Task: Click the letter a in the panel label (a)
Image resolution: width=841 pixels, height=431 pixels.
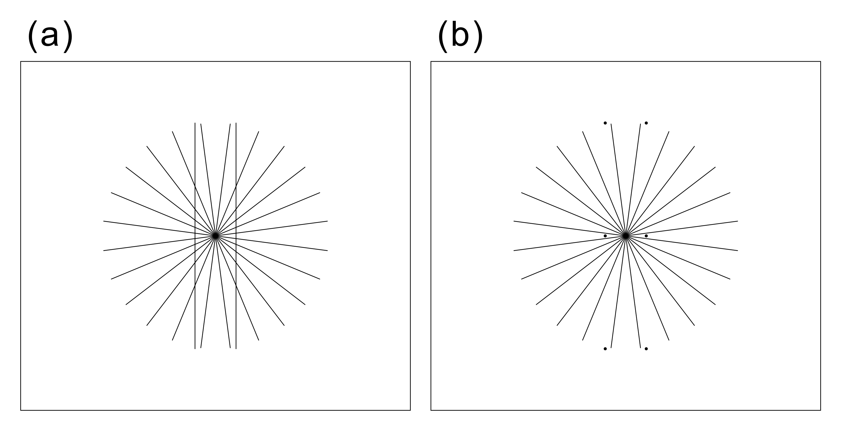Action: tap(50, 36)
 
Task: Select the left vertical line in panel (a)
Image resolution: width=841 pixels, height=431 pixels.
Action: tap(195, 236)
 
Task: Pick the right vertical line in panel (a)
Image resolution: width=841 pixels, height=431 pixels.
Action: tap(236, 236)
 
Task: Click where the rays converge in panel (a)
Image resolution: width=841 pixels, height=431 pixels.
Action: tap(216, 236)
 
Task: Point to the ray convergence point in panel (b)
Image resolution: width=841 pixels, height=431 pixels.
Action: tap(625, 236)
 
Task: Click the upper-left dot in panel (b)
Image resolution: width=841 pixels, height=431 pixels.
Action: tap(605, 123)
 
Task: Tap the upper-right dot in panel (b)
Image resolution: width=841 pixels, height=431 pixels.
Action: tap(646, 123)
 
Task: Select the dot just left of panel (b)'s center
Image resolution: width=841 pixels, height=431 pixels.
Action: tap(605, 236)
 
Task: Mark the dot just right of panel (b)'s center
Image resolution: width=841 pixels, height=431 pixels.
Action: tap(646, 236)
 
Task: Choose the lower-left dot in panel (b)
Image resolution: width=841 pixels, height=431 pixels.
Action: tap(605, 349)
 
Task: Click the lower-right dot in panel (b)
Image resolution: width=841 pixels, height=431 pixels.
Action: tap(646, 349)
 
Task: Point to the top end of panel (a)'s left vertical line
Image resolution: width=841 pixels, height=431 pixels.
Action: tap(195, 123)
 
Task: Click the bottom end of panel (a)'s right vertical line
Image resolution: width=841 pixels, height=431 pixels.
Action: tap(236, 349)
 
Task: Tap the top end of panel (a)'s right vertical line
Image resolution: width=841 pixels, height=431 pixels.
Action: tap(236, 123)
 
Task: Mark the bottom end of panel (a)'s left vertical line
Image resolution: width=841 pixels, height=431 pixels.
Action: tap(195, 349)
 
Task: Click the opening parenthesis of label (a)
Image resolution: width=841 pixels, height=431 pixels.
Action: tap(33, 36)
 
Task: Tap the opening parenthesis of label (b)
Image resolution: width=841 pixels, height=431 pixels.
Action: tap(443, 36)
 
